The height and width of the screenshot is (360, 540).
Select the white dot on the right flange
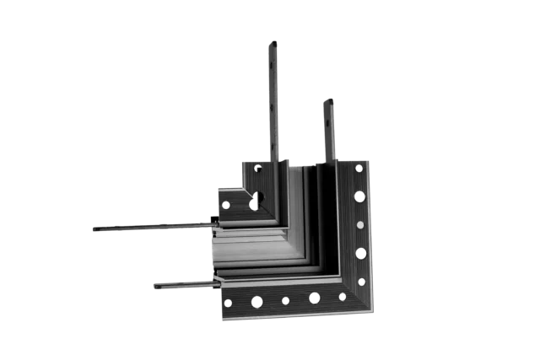360,226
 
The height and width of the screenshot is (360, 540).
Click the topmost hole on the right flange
359,167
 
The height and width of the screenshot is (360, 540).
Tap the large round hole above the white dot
359,196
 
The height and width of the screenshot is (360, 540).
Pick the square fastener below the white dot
360,254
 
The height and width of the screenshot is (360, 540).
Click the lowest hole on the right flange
361,281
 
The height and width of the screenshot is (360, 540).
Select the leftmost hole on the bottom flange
228,301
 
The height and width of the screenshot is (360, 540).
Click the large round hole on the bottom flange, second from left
256,301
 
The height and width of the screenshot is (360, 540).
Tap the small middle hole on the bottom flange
285,300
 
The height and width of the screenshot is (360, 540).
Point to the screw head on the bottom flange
314,298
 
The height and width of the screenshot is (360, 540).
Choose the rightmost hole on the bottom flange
343,297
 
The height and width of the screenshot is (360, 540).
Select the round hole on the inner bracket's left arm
226,204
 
